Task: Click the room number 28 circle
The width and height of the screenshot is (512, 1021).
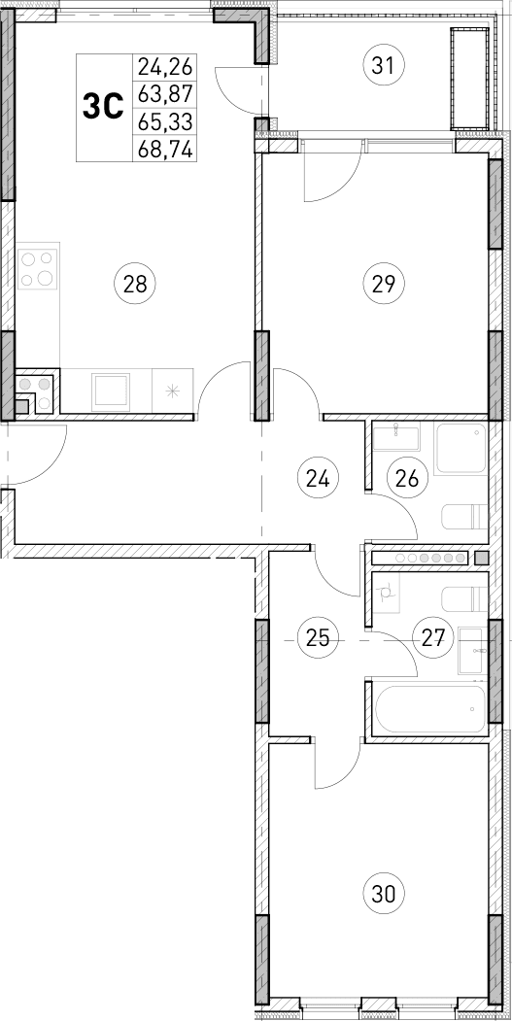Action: click(135, 285)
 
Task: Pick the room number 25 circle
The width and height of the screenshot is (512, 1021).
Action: click(317, 638)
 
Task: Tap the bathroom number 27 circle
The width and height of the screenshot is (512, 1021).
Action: click(432, 638)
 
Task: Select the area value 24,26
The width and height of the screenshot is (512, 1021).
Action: click(166, 68)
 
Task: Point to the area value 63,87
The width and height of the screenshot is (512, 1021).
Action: click(166, 95)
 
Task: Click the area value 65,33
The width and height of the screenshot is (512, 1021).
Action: click(166, 122)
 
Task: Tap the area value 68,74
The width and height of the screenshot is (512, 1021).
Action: click(166, 150)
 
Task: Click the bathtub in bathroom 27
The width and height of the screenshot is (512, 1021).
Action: click(427, 710)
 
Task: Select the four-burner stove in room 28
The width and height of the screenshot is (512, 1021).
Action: click(38, 269)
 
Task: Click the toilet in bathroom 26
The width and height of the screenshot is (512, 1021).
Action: click(463, 515)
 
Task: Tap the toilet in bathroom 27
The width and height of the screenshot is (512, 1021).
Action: click(463, 597)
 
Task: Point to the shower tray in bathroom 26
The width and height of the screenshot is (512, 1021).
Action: click(460, 449)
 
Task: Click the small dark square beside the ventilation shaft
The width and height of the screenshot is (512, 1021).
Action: click(481, 558)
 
